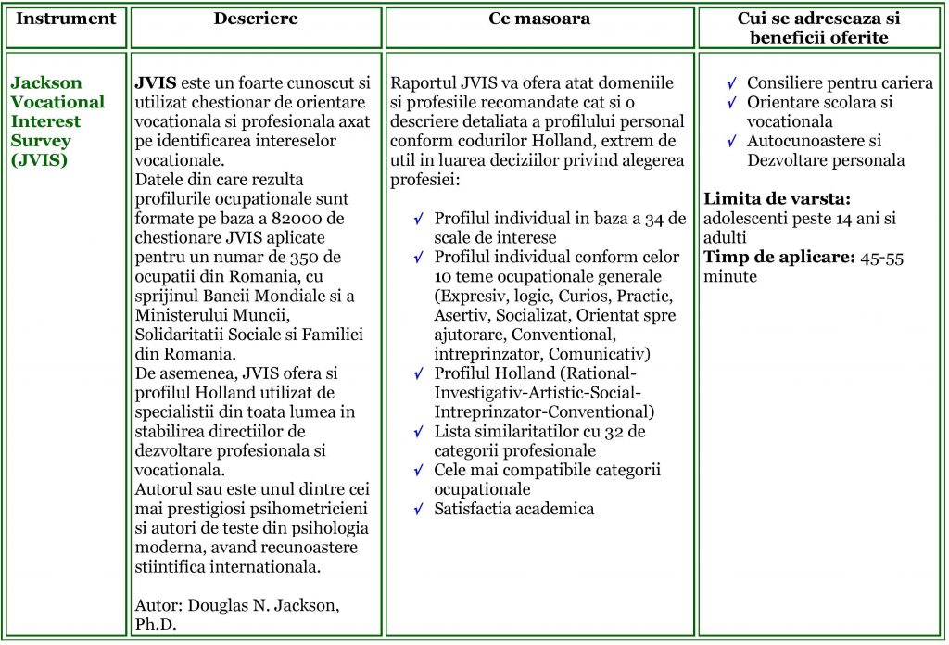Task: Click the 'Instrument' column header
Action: point(67,19)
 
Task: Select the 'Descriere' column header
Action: point(256,19)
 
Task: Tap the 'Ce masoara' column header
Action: point(539,19)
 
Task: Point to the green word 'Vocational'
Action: point(58,102)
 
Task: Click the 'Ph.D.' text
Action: point(156,624)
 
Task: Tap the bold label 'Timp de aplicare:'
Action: point(777,258)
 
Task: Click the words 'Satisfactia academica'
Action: point(514,509)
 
